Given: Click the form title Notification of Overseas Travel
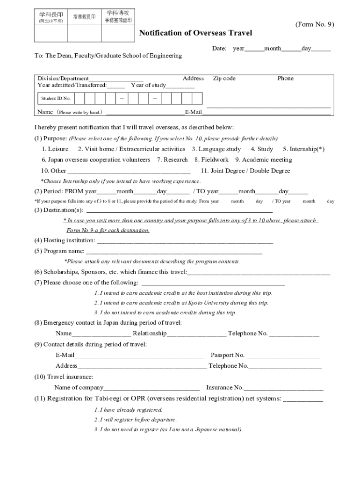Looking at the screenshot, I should [195, 33].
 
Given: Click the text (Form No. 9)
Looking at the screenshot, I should [314, 24].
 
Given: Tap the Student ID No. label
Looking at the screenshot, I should [56, 98].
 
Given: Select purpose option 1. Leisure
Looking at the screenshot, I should [55, 149].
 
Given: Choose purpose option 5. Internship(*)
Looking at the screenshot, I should [303, 149].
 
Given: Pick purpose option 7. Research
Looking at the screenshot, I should [172, 160].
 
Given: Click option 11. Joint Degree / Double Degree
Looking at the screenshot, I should [245, 171].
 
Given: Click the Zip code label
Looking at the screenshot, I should [224, 79].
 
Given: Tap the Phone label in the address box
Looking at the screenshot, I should [285, 79].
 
